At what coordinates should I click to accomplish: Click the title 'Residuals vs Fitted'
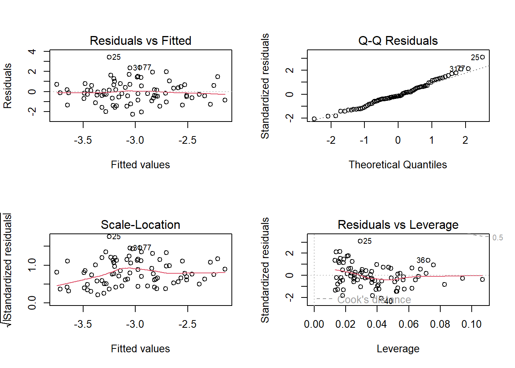pos(140,41)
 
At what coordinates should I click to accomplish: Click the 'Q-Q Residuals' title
pos(398,41)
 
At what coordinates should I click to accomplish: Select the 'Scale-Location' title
pos(140,225)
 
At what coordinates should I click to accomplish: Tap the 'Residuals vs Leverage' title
pos(398,225)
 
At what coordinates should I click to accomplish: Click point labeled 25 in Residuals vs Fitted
pos(109,57)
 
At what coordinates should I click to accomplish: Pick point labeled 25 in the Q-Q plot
pos(482,57)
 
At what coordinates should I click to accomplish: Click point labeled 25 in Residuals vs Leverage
pos(360,241)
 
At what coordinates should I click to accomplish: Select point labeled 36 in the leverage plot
pos(428,260)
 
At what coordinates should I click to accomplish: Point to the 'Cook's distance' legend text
pos(374,299)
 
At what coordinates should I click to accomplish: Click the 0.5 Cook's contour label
pos(497,238)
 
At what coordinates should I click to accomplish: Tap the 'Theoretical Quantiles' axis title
pos(398,165)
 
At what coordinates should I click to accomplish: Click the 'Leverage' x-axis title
pos(398,349)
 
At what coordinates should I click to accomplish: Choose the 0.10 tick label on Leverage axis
pos(471,324)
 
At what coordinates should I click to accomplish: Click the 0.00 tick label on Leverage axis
pos(314,324)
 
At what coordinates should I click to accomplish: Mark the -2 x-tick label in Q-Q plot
pos(331,140)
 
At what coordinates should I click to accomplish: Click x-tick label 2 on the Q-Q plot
pos(465,140)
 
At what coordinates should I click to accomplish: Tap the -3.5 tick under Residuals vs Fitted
pos(83,140)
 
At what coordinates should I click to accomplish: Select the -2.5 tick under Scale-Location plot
pos(187,324)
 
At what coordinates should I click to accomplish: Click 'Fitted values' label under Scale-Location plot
pos(140,349)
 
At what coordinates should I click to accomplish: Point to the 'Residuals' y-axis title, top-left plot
pos(8,86)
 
